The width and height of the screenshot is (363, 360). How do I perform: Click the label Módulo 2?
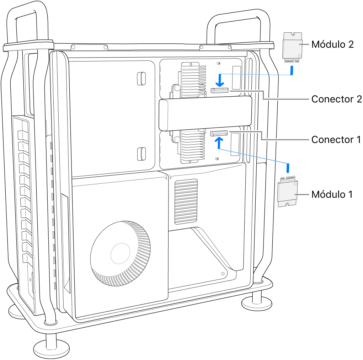click(x=332, y=44)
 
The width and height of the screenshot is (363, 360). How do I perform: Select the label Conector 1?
click(x=336, y=140)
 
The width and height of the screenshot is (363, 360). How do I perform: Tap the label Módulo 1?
click(x=332, y=194)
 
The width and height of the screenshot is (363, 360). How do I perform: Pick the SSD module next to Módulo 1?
click(x=288, y=192)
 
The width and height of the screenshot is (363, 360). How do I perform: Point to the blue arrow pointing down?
click(x=220, y=80)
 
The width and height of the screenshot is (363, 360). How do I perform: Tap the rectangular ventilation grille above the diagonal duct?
click(x=186, y=201)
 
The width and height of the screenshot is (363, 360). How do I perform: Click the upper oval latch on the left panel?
click(x=141, y=79)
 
